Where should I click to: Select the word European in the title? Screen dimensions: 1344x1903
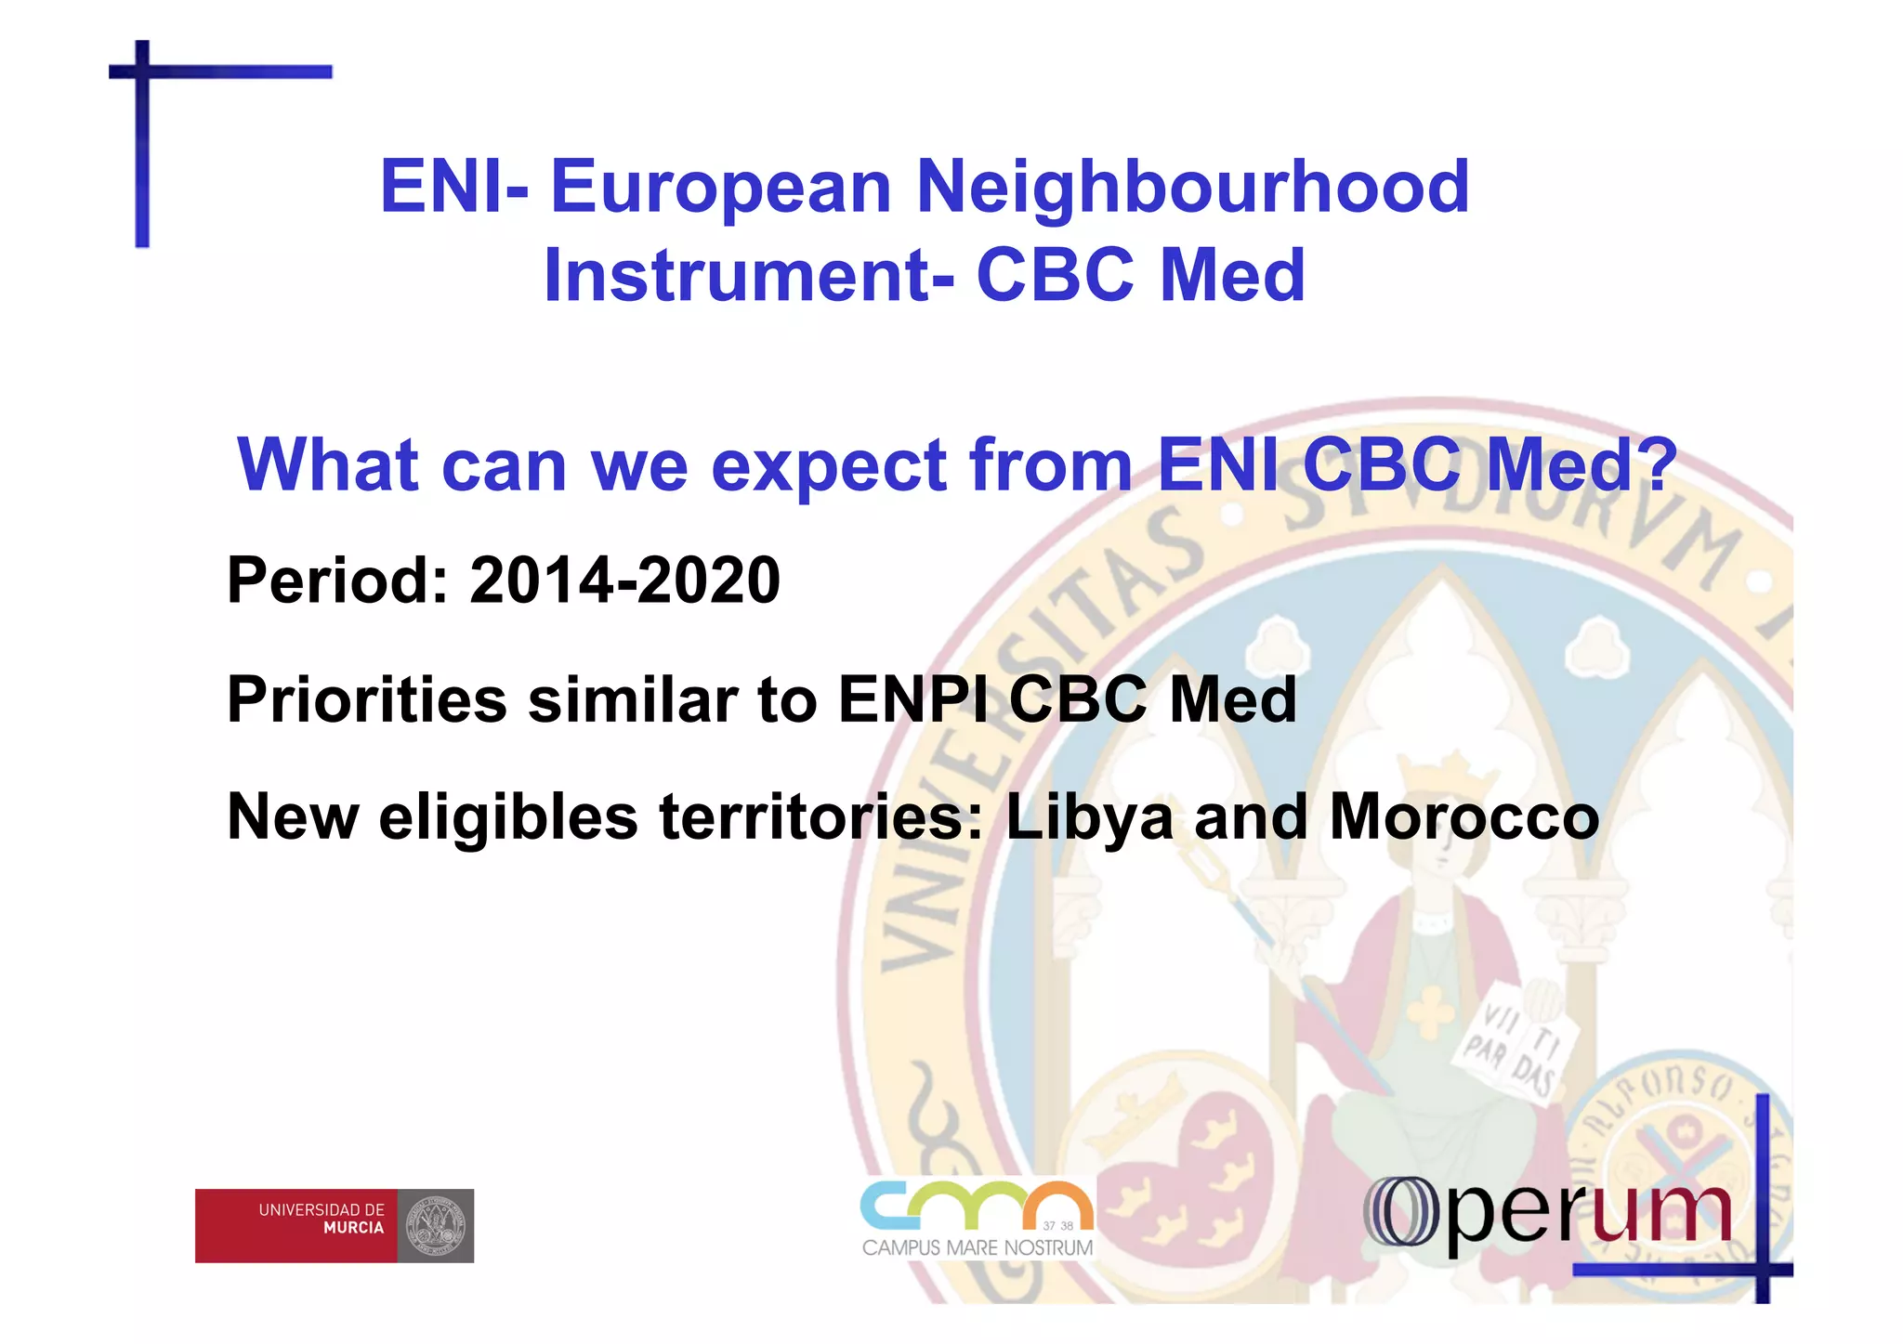click(721, 187)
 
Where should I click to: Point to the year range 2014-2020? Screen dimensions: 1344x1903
click(624, 581)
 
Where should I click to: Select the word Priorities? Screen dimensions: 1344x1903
click(367, 699)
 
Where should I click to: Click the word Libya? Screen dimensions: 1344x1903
click(1089, 818)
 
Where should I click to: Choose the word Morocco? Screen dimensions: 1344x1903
click(1464, 818)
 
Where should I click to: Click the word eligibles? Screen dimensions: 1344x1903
click(508, 818)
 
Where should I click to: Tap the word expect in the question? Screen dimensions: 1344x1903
click(828, 466)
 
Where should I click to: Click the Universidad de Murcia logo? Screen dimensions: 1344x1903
click(334, 1225)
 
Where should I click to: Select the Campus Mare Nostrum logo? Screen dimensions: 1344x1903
click(977, 1218)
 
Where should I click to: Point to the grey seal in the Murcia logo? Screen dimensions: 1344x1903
click(435, 1225)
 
